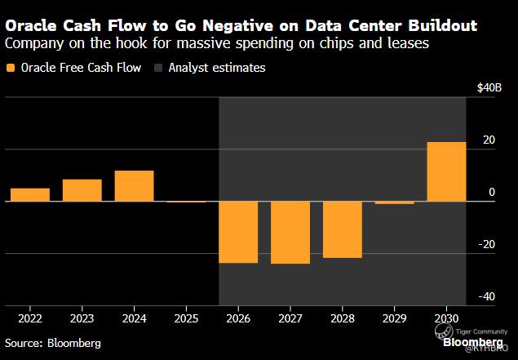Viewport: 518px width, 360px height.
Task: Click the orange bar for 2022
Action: [30, 194]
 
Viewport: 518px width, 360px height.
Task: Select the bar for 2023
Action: [82, 190]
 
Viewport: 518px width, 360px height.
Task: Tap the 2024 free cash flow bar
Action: [134, 186]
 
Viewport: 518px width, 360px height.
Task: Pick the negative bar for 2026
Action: [238, 232]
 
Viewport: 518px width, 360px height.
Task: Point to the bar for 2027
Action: [290, 233]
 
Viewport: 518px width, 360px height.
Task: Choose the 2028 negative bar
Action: [343, 229]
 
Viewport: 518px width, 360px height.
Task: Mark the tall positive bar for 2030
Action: [446, 171]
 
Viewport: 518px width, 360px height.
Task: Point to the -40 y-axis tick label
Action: [485, 297]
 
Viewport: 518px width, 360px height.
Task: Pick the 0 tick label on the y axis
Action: [492, 193]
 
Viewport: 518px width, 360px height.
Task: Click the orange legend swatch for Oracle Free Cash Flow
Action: [10, 69]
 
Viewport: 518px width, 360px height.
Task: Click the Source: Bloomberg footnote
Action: [53, 343]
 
